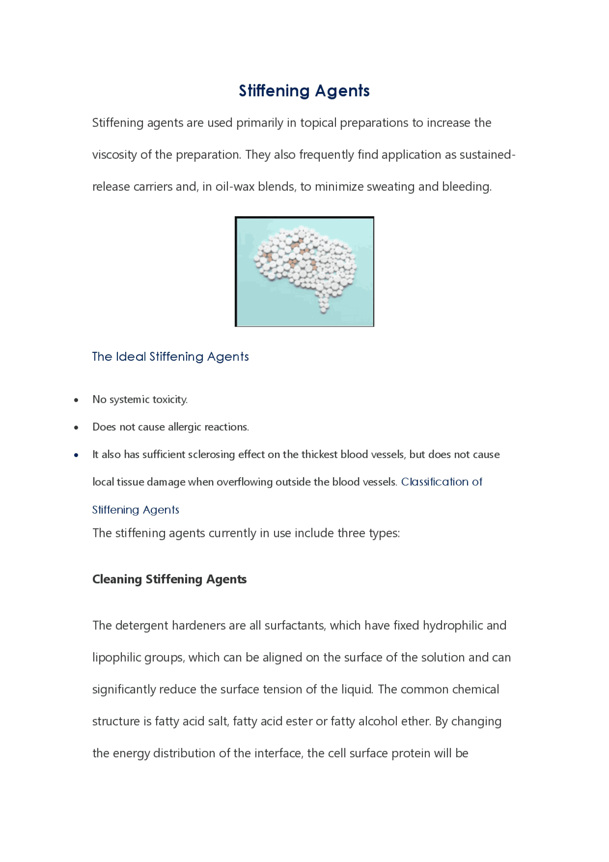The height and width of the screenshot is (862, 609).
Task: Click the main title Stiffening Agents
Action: [x=304, y=90]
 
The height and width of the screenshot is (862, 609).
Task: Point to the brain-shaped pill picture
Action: [x=304, y=271]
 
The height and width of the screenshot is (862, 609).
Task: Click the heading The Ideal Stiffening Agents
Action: [x=170, y=357]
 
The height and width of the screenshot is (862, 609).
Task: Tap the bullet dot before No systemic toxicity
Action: [x=76, y=400]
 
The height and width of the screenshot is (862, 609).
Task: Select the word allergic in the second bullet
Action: [x=185, y=427]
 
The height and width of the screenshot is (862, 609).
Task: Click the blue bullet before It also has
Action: [x=76, y=455]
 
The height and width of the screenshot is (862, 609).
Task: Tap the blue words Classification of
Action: [x=442, y=482]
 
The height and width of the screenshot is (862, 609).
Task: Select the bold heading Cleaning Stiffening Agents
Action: [x=169, y=579]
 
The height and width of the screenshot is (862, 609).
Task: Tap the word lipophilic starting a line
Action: [x=114, y=658]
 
